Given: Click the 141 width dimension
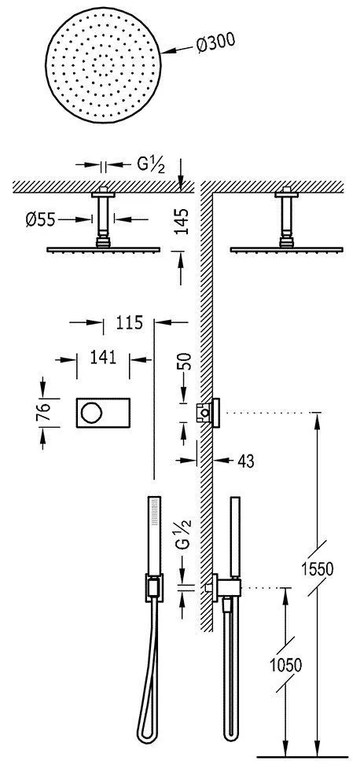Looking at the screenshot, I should click(103, 357).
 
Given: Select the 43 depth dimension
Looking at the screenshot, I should click(246, 461).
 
